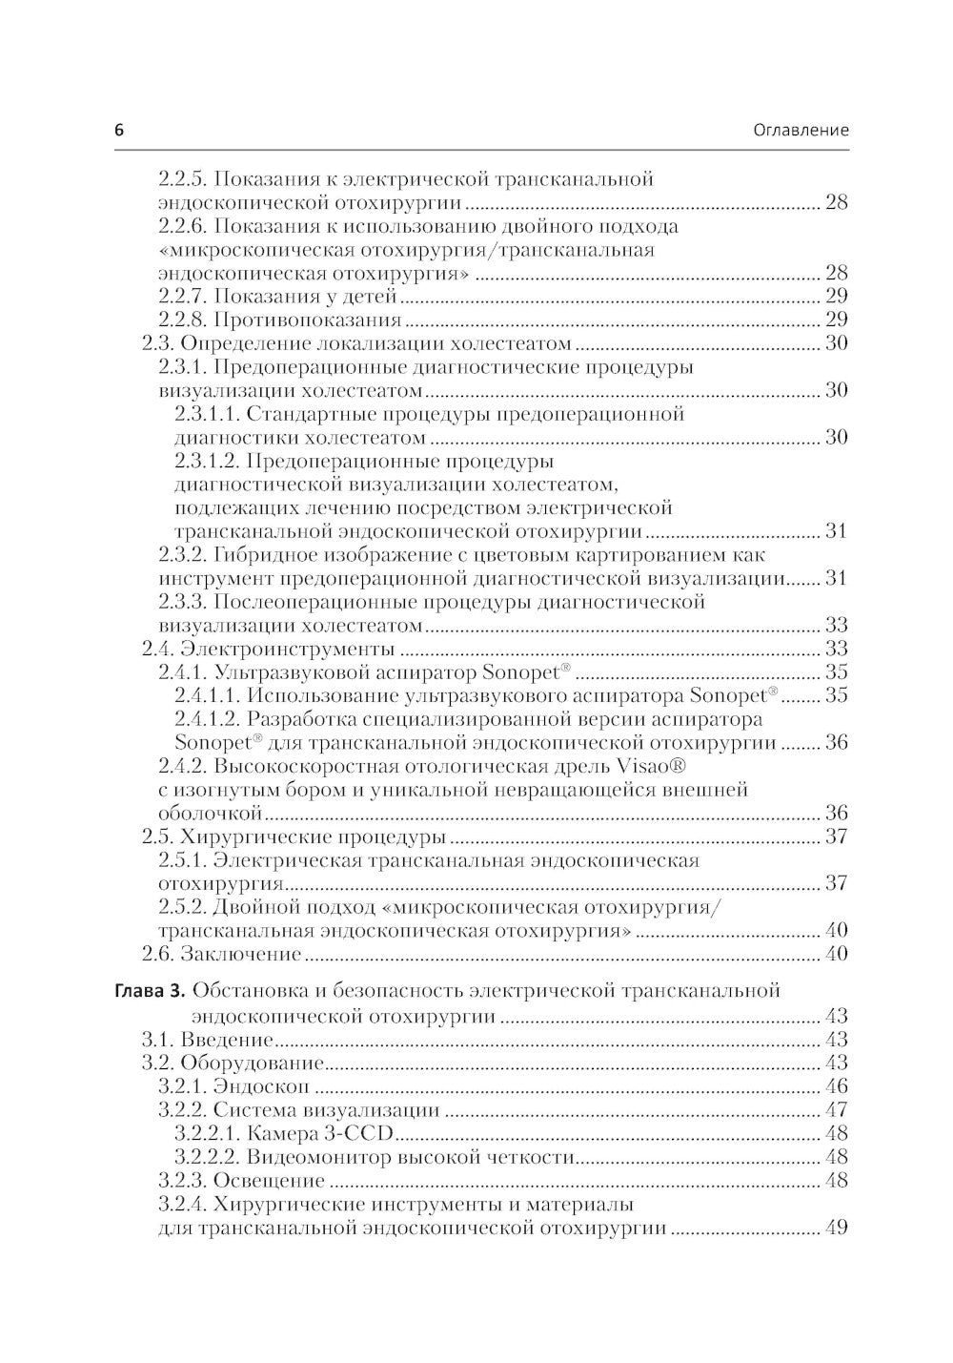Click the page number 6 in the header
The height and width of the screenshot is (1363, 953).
tap(119, 131)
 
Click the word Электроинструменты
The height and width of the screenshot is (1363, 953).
tap(287, 650)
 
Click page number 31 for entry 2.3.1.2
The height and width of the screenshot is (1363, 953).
tap(836, 531)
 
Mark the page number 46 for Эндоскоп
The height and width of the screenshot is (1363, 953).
tap(836, 1086)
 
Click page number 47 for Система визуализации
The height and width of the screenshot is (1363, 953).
tap(836, 1110)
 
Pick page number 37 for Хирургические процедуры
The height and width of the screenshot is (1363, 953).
tap(836, 837)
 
